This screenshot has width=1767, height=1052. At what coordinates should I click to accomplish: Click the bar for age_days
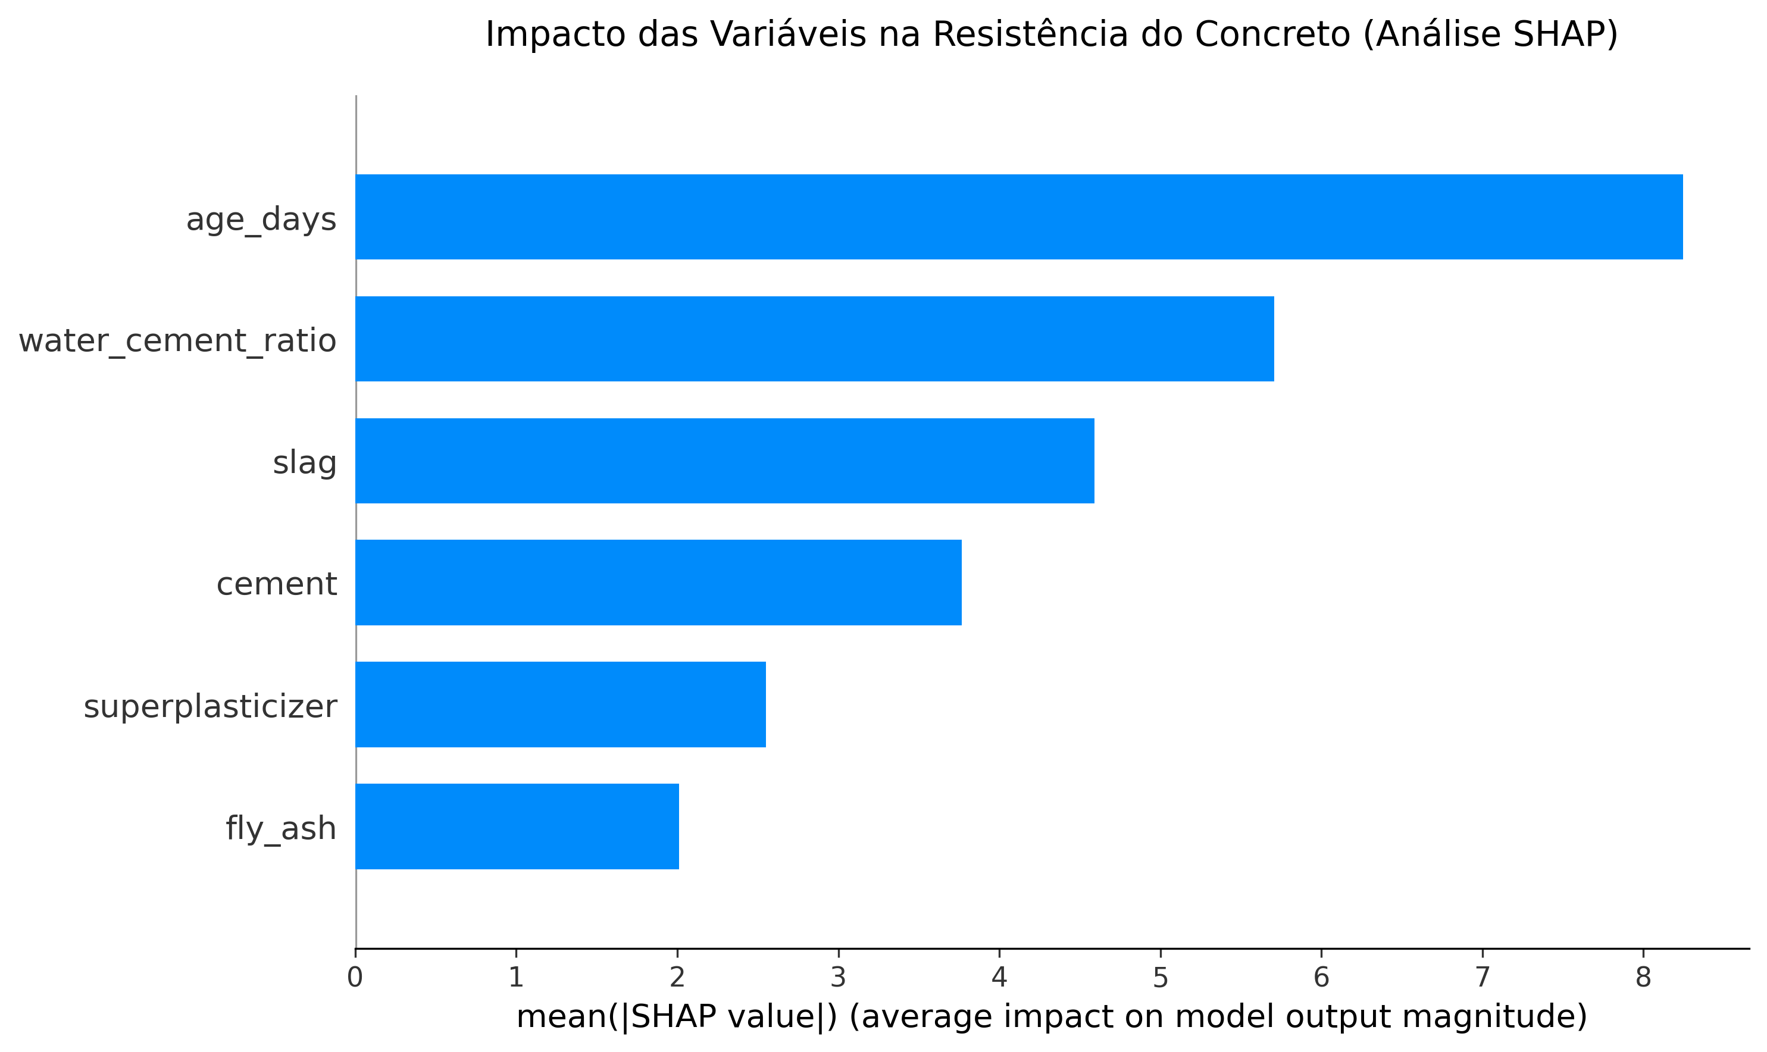[x=1019, y=217]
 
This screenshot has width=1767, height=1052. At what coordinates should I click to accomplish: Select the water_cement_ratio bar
[x=815, y=339]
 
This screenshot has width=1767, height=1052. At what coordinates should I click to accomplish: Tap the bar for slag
[x=725, y=461]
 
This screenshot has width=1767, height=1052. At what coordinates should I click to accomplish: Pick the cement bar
[x=658, y=583]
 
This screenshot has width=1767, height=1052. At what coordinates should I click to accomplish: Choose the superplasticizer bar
[x=560, y=705]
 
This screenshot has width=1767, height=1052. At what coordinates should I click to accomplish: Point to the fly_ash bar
[x=517, y=826]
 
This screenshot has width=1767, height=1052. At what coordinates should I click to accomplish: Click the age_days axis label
[x=261, y=220]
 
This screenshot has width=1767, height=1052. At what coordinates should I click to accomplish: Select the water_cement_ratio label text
[x=177, y=342]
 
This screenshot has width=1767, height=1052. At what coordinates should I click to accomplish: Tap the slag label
[x=304, y=464]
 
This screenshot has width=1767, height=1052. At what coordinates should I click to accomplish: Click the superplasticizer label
[x=210, y=707]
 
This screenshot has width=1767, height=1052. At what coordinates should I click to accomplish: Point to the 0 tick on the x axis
[x=355, y=978]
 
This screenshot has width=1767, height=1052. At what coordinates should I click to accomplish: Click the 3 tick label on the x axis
[x=838, y=978]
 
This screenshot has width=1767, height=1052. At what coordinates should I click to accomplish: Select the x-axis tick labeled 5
[x=1160, y=978]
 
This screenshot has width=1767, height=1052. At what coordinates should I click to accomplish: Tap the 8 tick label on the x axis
[x=1643, y=978]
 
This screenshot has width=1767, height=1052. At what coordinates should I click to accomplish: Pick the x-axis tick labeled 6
[x=1321, y=978]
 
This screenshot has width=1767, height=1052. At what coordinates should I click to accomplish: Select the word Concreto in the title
[x=1272, y=34]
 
